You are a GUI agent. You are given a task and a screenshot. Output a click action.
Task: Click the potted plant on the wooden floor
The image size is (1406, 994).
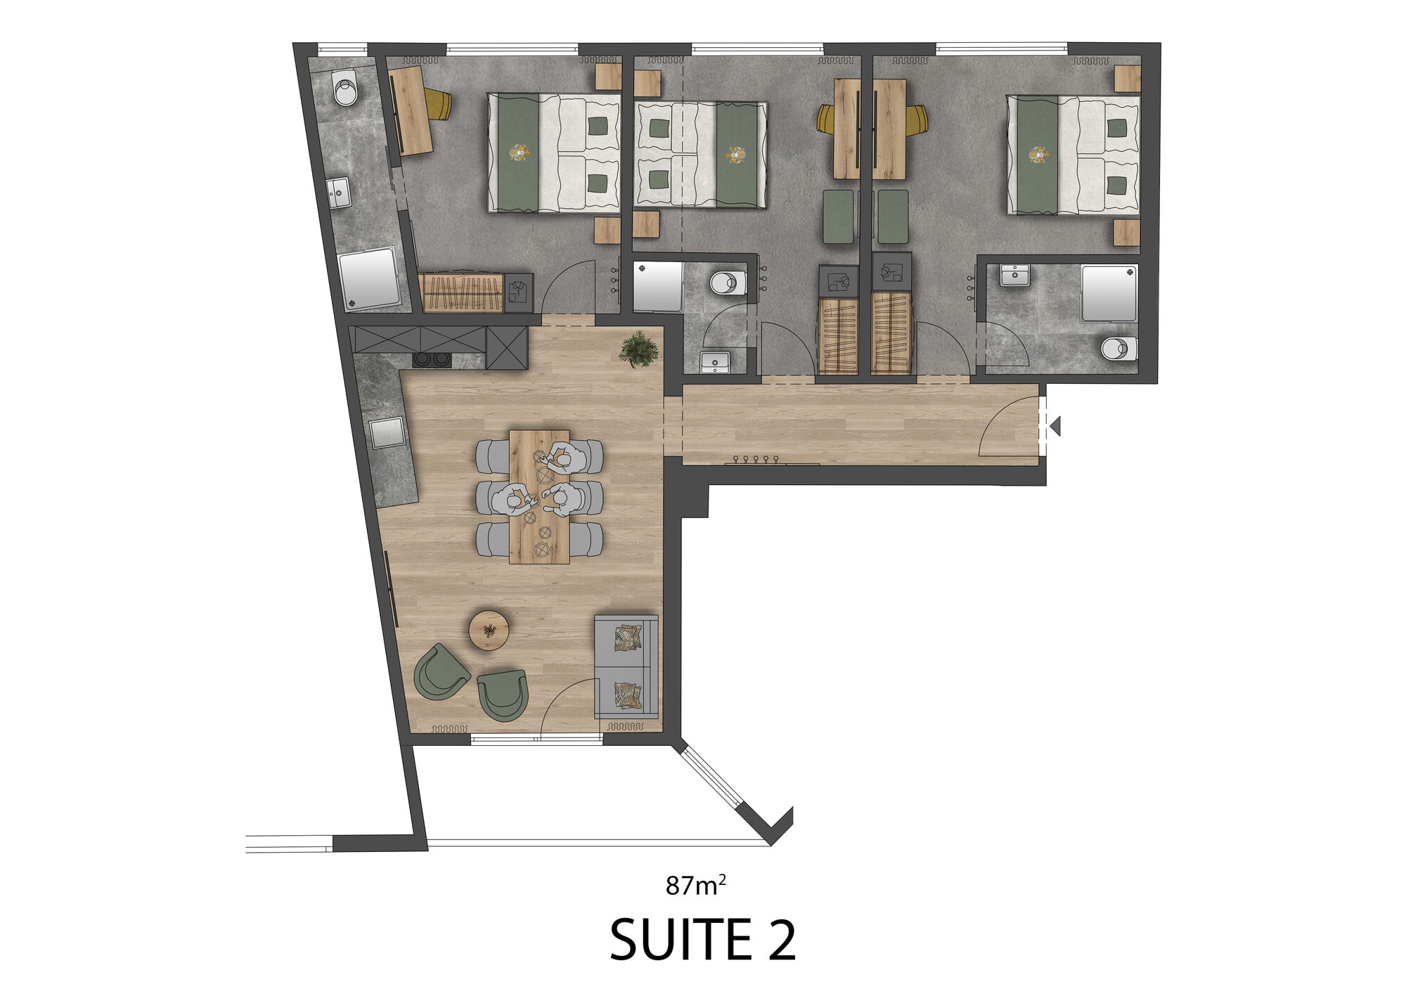point(639,349)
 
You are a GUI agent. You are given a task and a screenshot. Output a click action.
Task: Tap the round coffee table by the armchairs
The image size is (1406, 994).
point(489,629)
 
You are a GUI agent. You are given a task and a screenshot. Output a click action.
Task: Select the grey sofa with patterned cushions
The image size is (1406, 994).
point(626,666)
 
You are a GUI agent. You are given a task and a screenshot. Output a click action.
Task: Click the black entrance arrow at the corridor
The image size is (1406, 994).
point(1054,426)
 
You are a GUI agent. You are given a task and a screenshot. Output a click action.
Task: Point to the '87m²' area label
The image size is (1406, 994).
point(695,884)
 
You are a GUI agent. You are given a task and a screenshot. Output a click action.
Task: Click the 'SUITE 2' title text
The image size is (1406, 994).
point(702,939)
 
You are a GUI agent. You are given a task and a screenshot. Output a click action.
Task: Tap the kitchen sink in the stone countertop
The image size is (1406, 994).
point(387,432)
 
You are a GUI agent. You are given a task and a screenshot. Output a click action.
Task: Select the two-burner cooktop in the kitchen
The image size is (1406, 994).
point(431,359)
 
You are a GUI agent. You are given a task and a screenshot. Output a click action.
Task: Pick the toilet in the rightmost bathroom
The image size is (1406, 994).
point(1119,348)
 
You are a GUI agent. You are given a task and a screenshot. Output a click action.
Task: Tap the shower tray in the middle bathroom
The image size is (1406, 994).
point(658,287)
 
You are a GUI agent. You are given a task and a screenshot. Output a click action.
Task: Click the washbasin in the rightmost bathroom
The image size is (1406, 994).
point(1014,276)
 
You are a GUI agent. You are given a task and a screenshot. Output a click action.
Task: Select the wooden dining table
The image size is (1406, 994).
point(539,497)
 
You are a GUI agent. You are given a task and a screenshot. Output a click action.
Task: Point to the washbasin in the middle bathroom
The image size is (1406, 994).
point(715,362)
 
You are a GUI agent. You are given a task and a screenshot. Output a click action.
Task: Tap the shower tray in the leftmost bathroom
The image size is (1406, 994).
point(370,278)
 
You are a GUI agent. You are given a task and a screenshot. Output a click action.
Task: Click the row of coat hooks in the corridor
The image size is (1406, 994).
point(756,460)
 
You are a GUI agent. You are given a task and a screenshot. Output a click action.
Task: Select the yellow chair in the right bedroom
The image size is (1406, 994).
point(917,120)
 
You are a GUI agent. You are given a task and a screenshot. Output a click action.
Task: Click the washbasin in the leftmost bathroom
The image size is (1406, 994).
point(339,193)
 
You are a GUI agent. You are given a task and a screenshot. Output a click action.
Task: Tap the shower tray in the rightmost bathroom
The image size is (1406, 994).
point(1109,293)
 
